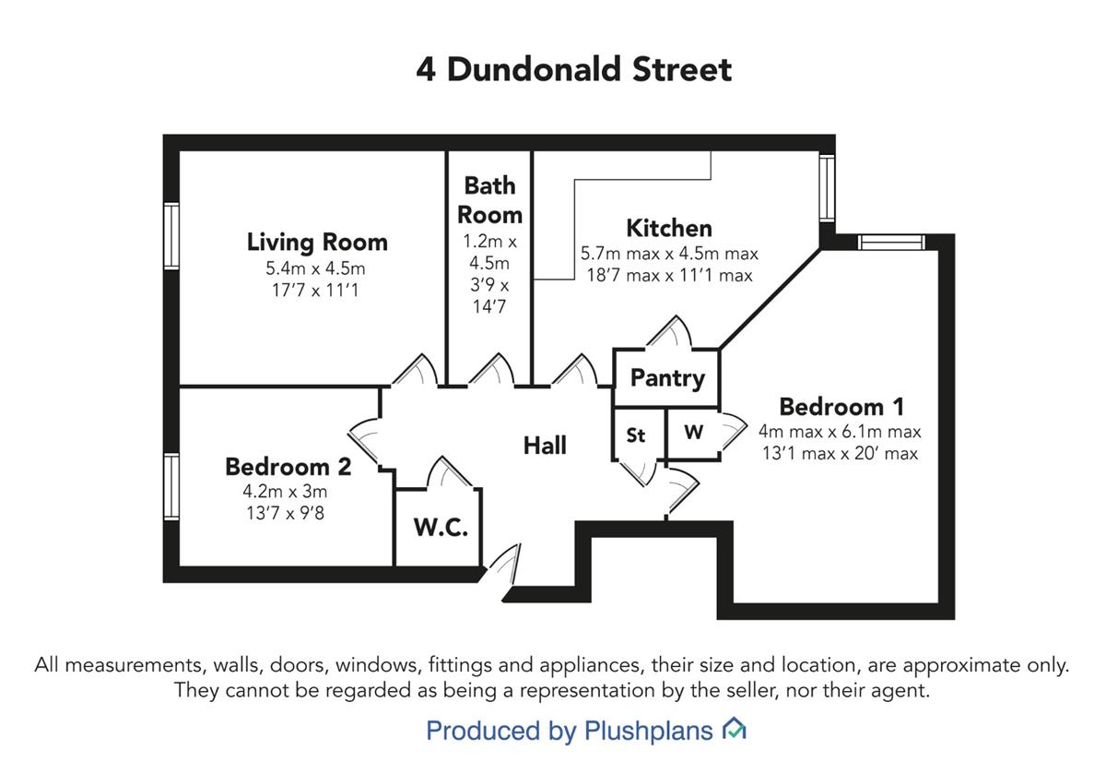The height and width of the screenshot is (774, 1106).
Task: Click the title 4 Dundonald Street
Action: click(x=573, y=69)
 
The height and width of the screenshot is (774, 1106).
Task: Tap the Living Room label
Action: click(x=317, y=243)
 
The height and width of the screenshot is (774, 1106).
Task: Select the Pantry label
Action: click(x=667, y=378)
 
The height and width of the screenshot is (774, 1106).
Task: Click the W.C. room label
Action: click(x=441, y=527)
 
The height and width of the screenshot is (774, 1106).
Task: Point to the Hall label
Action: click(x=545, y=446)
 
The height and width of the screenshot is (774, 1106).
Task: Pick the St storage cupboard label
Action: click(x=635, y=435)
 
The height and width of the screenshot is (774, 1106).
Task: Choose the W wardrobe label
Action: click(x=693, y=433)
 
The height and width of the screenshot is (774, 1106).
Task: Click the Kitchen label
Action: click(x=669, y=229)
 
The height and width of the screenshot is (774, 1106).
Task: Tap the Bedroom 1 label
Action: click(x=841, y=407)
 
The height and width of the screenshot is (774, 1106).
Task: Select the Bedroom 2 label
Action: click(x=288, y=467)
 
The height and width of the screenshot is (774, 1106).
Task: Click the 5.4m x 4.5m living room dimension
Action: click(x=315, y=268)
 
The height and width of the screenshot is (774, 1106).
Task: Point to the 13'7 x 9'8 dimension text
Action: click(x=286, y=513)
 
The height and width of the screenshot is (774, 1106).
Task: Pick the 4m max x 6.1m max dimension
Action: click(x=840, y=432)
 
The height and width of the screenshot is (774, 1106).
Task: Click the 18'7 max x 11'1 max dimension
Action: click(x=669, y=275)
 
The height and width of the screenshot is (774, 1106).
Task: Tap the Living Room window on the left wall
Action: click(x=171, y=236)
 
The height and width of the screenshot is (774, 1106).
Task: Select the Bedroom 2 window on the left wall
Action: click(x=171, y=487)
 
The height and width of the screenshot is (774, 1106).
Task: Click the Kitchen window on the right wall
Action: click(x=828, y=188)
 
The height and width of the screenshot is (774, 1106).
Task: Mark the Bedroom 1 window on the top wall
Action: click(x=891, y=243)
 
